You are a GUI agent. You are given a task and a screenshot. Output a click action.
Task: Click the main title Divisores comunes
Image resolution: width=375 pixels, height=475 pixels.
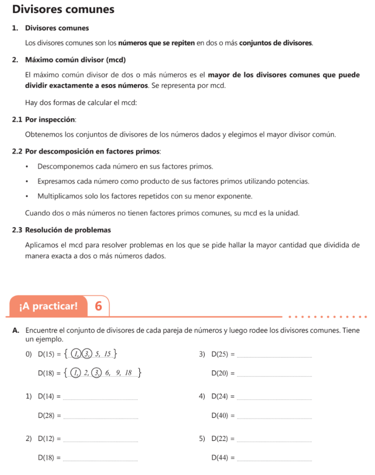click(63, 9)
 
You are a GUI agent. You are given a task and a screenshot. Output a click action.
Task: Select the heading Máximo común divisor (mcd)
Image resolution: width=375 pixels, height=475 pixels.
click(76, 60)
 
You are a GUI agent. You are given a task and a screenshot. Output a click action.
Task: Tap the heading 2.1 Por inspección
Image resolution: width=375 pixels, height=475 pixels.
click(45, 120)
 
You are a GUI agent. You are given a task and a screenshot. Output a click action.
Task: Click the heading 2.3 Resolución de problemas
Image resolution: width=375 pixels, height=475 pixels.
click(62, 230)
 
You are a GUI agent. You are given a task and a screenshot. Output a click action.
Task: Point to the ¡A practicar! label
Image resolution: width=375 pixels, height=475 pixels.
click(48, 306)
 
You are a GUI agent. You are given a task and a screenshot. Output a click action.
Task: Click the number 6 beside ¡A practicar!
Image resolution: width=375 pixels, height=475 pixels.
click(98, 306)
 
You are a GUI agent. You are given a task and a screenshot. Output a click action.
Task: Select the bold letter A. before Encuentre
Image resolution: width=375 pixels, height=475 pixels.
click(16, 331)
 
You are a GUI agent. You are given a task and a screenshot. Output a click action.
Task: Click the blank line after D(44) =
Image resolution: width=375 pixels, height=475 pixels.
click(274, 460)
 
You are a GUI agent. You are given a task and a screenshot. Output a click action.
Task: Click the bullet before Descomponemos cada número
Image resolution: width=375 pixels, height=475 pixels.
click(27, 166)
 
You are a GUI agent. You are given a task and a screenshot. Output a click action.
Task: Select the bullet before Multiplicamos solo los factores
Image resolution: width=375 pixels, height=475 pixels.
click(27, 196)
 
